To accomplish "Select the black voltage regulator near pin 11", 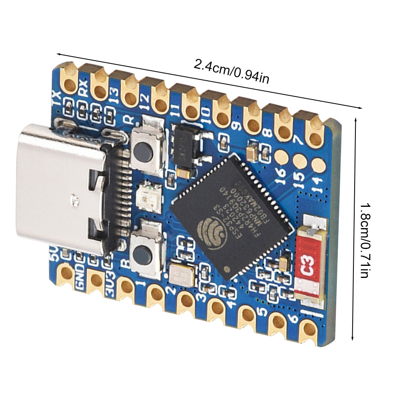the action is point(187,149).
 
